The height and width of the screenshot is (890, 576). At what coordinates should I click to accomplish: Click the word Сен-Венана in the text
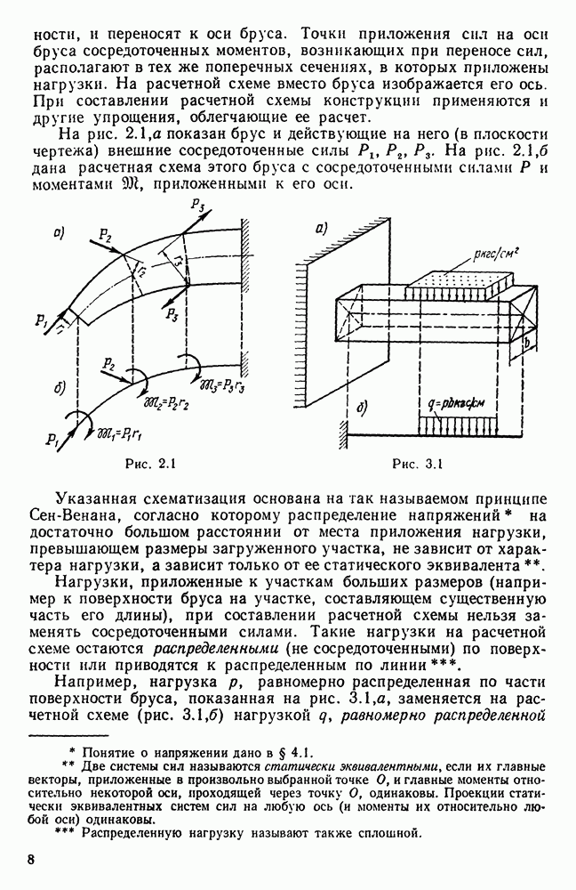tap(90, 515)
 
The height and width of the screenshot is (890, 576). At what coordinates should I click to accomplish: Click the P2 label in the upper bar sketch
tap(105, 236)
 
